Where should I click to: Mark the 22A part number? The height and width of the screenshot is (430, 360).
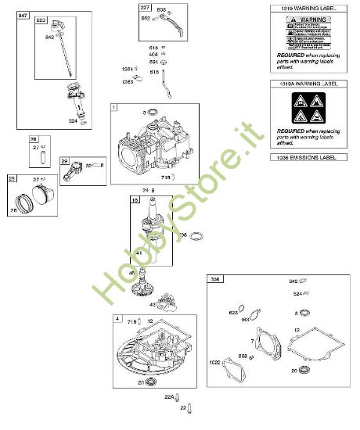point(167,397)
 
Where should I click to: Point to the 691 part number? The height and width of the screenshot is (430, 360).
point(154,62)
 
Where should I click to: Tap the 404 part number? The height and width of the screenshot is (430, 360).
point(154,55)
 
